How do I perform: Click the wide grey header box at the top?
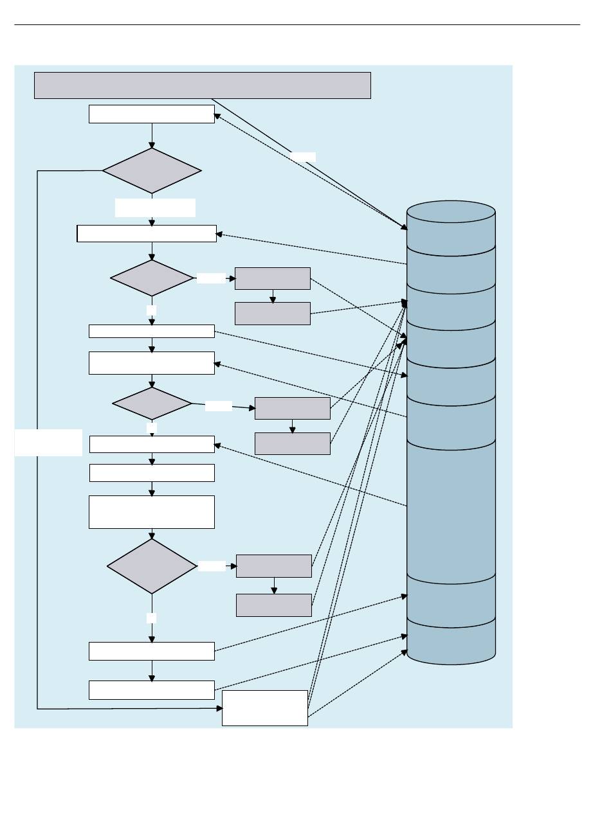click(x=202, y=85)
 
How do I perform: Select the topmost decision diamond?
click(x=152, y=171)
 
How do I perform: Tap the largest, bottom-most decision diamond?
click(x=152, y=566)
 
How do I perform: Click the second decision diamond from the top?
click(x=152, y=278)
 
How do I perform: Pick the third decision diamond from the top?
click(x=152, y=404)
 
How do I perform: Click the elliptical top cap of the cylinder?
click(x=451, y=211)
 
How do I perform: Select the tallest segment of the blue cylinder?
click(x=451, y=508)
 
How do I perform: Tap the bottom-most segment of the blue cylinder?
click(x=451, y=639)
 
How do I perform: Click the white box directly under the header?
click(x=152, y=114)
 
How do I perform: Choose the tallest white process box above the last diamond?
click(x=152, y=512)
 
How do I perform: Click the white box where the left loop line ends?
click(x=264, y=708)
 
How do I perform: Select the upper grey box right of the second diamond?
click(x=273, y=278)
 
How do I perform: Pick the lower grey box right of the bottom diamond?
click(x=274, y=605)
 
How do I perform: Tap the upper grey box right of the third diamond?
click(x=293, y=408)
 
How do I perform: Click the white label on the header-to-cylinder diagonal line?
click(x=303, y=157)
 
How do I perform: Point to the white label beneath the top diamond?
click(x=155, y=208)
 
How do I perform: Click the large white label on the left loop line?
click(x=48, y=443)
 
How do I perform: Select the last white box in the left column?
click(x=152, y=690)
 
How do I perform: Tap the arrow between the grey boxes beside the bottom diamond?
click(x=275, y=586)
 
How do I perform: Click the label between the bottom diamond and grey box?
click(x=212, y=566)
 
